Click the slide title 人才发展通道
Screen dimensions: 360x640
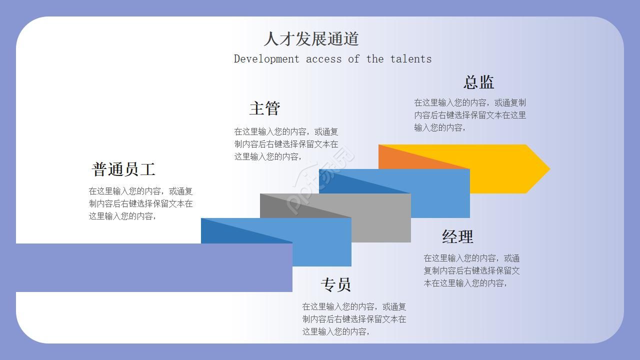[311, 38]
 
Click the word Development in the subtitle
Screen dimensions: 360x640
[266, 59]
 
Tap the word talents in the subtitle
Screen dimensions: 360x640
[410, 59]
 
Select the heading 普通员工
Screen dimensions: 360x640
[123, 169]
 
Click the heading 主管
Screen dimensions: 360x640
[264, 108]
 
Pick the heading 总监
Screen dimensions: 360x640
[478, 82]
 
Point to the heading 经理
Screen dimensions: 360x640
[457, 236]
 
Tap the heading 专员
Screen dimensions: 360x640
[335, 284]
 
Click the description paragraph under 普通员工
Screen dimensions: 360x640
[140, 203]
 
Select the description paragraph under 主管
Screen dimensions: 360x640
[286, 144]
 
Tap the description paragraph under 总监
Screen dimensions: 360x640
[469, 115]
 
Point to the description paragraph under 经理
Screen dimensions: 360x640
[471, 270]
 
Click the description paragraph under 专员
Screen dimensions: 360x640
[354, 319]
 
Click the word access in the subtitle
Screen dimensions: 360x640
[323, 59]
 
